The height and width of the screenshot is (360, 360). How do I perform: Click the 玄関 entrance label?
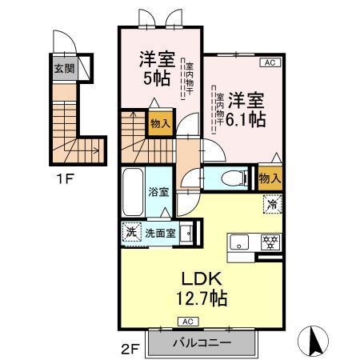[64, 67]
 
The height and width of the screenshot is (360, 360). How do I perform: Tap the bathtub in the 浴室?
[134, 193]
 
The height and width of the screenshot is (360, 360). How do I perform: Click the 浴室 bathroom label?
[158, 192]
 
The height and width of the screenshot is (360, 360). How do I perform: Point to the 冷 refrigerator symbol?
[271, 206]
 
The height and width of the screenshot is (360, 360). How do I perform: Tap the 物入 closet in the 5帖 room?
[159, 123]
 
